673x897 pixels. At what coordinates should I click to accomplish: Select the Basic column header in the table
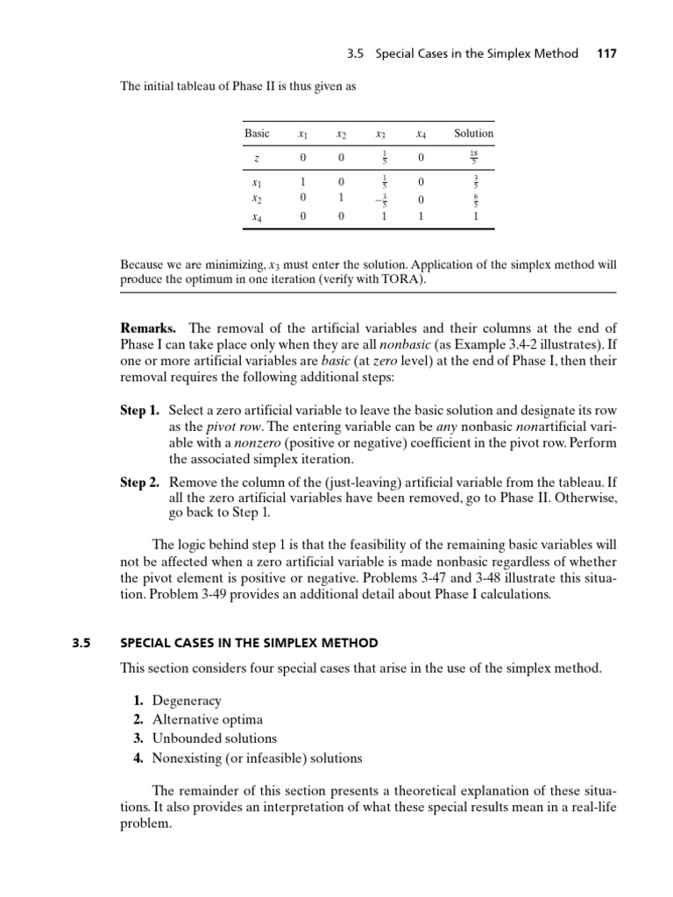tap(257, 133)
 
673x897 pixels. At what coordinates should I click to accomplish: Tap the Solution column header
tap(473, 133)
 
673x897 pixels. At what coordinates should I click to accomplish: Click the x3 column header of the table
tap(380, 134)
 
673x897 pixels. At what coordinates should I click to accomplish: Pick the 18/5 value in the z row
tap(473, 158)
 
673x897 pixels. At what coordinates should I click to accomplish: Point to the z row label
tap(257, 159)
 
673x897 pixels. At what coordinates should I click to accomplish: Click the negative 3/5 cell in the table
tap(379, 199)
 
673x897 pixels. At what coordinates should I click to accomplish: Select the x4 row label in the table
tap(257, 215)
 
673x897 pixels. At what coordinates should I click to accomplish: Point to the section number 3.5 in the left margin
tap(81, 642)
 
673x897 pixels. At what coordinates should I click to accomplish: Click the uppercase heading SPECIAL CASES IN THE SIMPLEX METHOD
tap(249, 642)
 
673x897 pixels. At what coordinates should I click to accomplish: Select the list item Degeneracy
tap(187, 701)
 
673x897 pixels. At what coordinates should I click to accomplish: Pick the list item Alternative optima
tap(207, 719)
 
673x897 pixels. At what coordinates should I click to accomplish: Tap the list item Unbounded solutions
tap(214, 738)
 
